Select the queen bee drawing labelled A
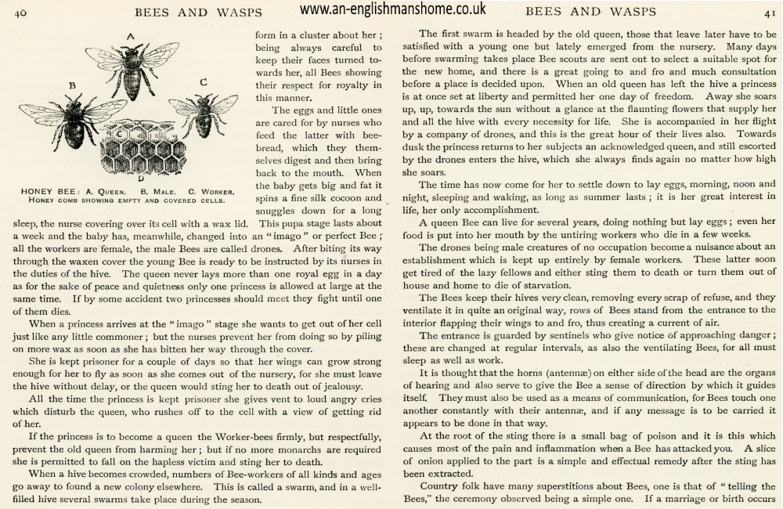132,67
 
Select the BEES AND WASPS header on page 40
198,12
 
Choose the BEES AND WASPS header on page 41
588,12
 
